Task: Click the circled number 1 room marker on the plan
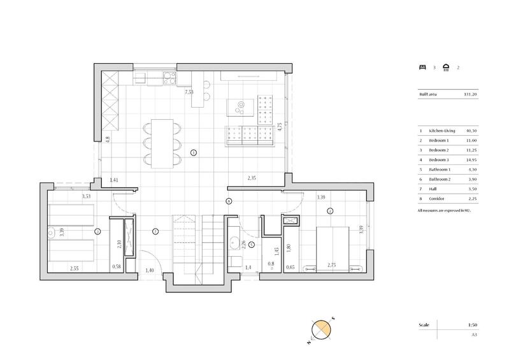pyautogui.click(x=194, y=152)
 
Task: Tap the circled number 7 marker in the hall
pyautogui.click(x=155, y=231)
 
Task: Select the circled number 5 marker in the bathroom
pyautogui.click(x=252, y=243)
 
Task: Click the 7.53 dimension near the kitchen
pyautogui.click(x=189, y=92)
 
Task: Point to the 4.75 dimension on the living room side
pyautogui.click(x=279, y=126)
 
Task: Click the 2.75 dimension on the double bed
pyautogui.click(x=331, y=265)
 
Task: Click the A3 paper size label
pyautogui.click(x=473, y=334)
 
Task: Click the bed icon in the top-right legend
pyautogui.click(x=422, y=66)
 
